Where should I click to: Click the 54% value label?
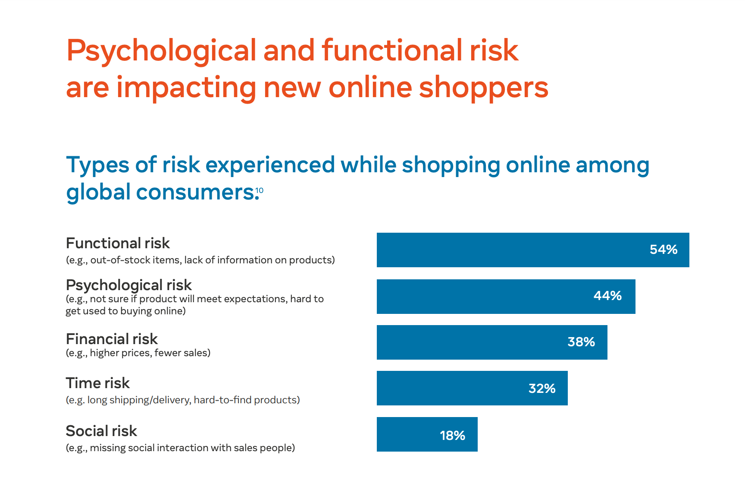click(664, 250)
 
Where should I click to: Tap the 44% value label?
click(607, 296)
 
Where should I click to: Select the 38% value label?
click(581, 342)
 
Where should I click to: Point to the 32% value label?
click(542, 389)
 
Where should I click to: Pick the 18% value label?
click(452, 435)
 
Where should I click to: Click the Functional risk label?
click(118, 243)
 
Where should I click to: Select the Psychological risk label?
click(129, 285)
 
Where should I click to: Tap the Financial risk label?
click(112, 339)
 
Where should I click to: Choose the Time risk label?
click(97, 383)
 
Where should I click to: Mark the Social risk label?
click(101, 431)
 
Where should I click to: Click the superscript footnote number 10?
click(259, 190)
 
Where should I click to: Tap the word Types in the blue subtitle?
click(97, 166)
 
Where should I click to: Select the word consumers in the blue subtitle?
click(197, 192)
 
